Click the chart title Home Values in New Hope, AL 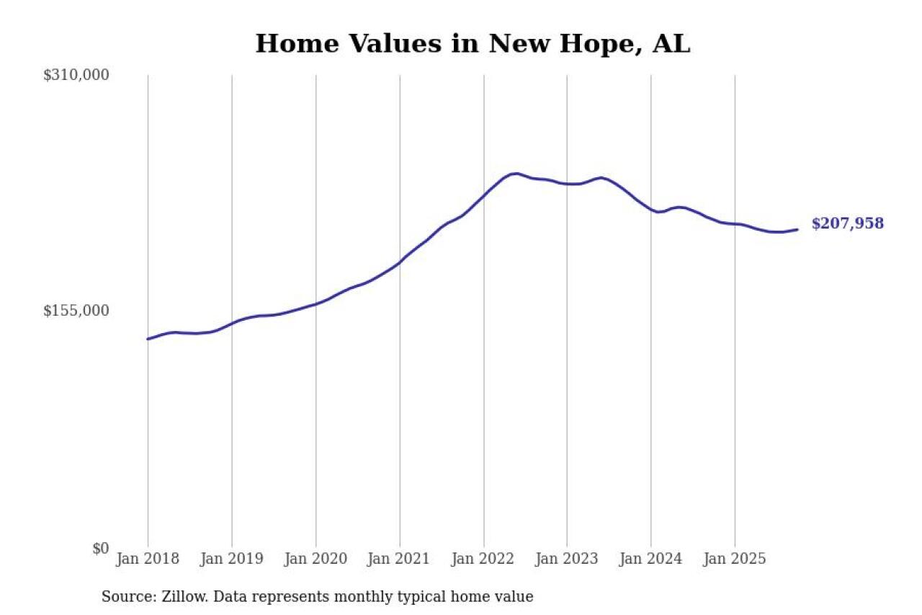[473, 44]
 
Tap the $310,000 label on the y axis [76, 75]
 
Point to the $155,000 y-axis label [76, 311]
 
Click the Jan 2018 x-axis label [148, 559]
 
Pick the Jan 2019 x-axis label [231, 559]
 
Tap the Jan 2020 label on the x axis [315, 559]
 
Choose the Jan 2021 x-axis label [399, 559]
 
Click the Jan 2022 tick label [483, 559]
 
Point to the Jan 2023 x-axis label [567, 559]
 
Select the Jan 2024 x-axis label [650, 559]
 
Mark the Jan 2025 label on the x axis [735, 559]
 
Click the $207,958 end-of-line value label [847, 224]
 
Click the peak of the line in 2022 [514, 173]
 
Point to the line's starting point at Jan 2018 [148, 339]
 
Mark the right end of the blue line [797, 230]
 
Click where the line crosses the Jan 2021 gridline [400, 262]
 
